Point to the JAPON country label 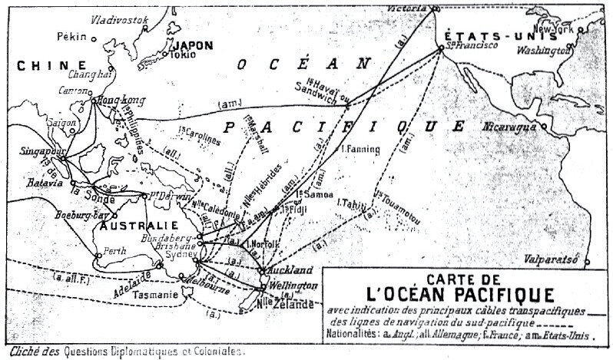[x=193, y=44]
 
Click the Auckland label [x=289, y=271]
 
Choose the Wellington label [x=293, y=286]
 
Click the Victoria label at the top [x=408, y=6]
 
